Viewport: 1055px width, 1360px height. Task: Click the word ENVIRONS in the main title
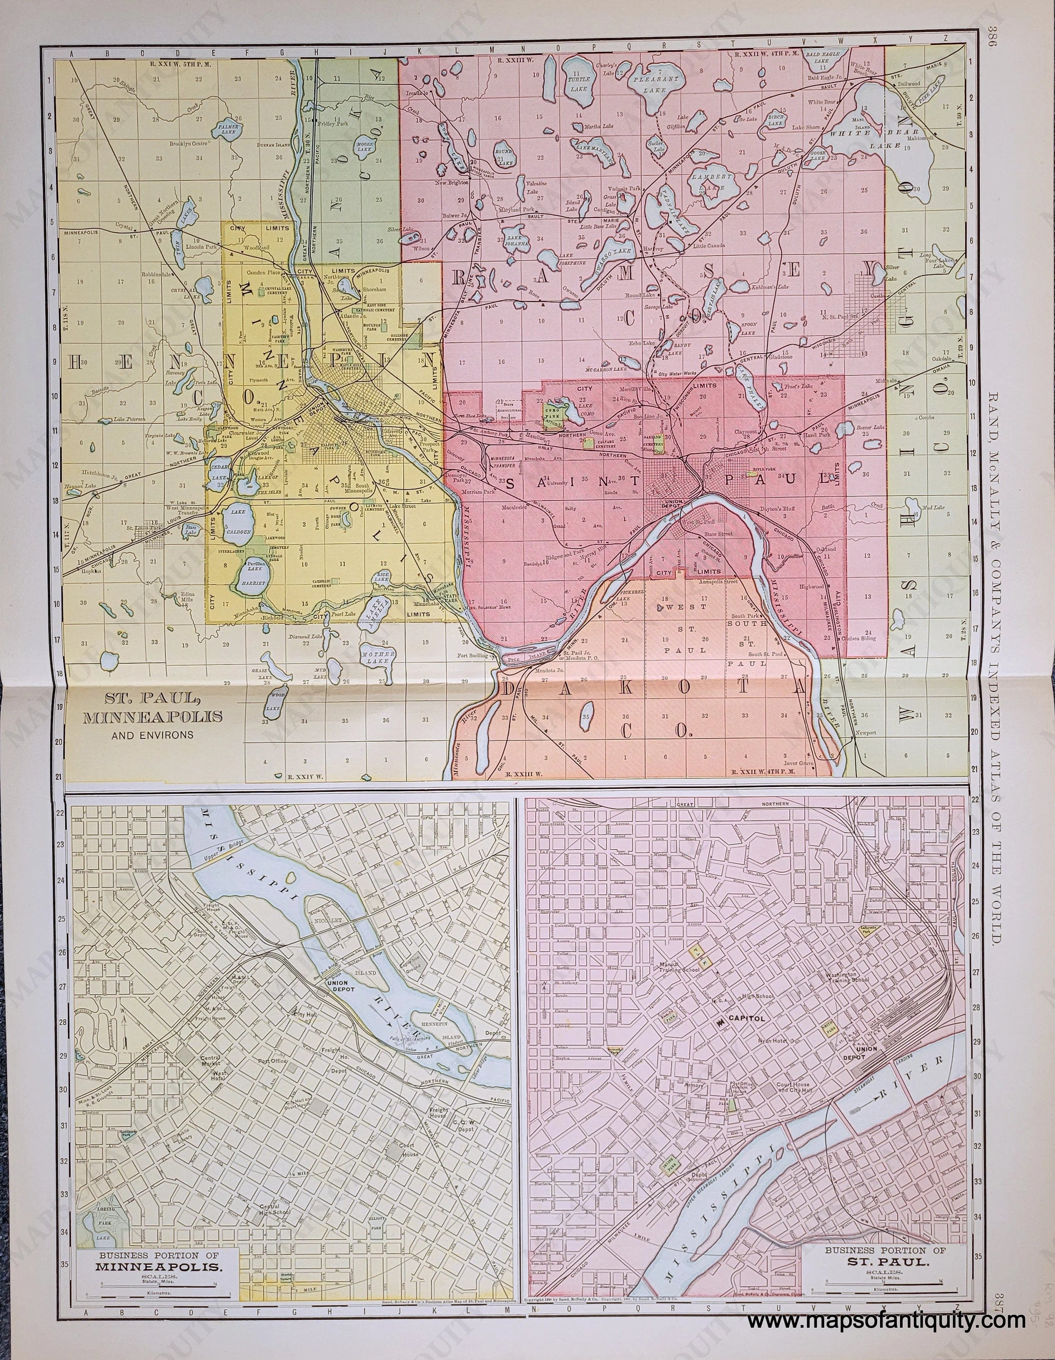(152, 735)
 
